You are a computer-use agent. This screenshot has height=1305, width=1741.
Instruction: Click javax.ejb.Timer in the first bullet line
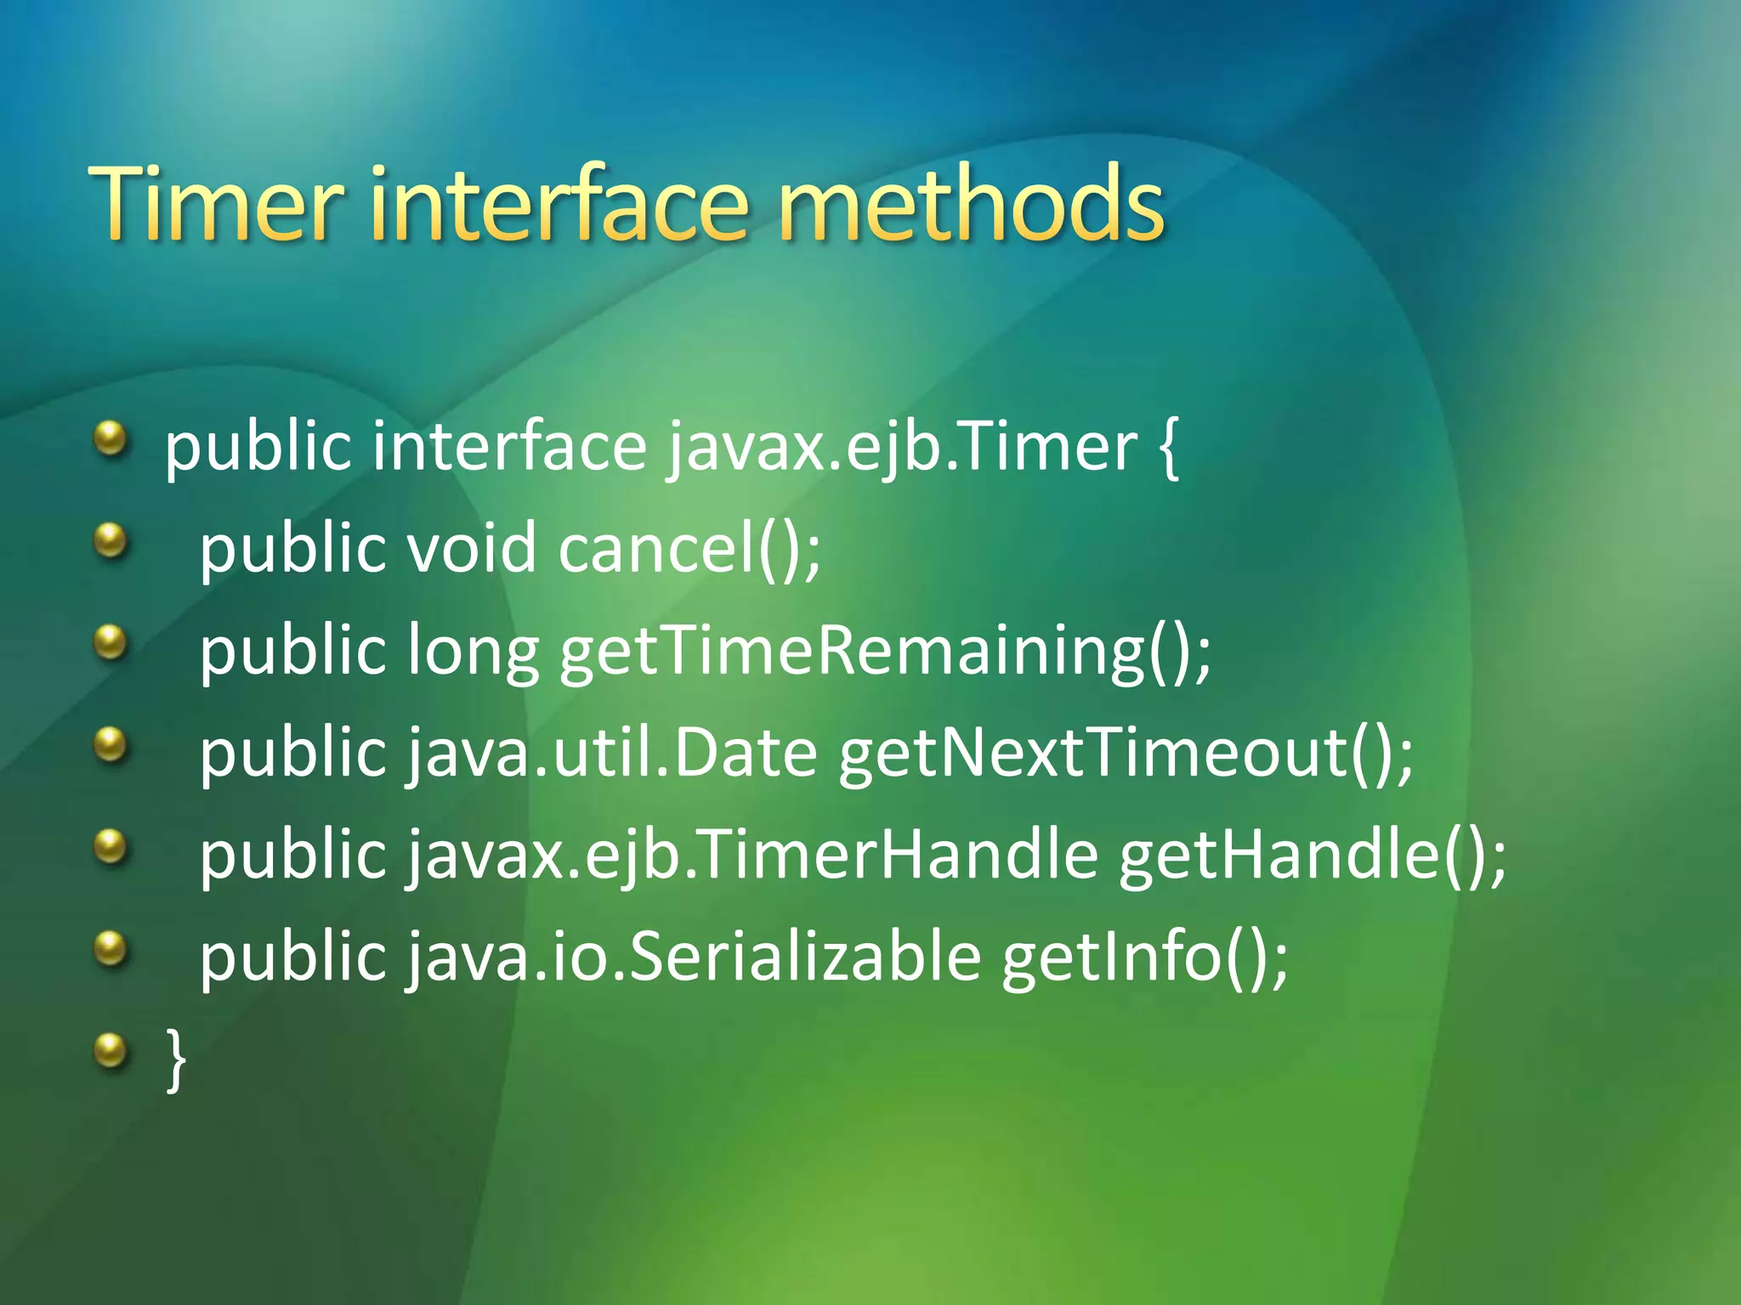click(901, 448)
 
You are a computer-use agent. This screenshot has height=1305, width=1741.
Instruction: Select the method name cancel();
click(689, 549)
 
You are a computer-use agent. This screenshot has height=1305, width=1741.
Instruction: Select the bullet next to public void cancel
click(110, 541)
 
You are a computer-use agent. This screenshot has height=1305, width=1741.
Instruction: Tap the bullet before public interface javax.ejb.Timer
click(110, 439)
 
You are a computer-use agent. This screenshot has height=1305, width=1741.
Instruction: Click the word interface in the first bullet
click(509, 448)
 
